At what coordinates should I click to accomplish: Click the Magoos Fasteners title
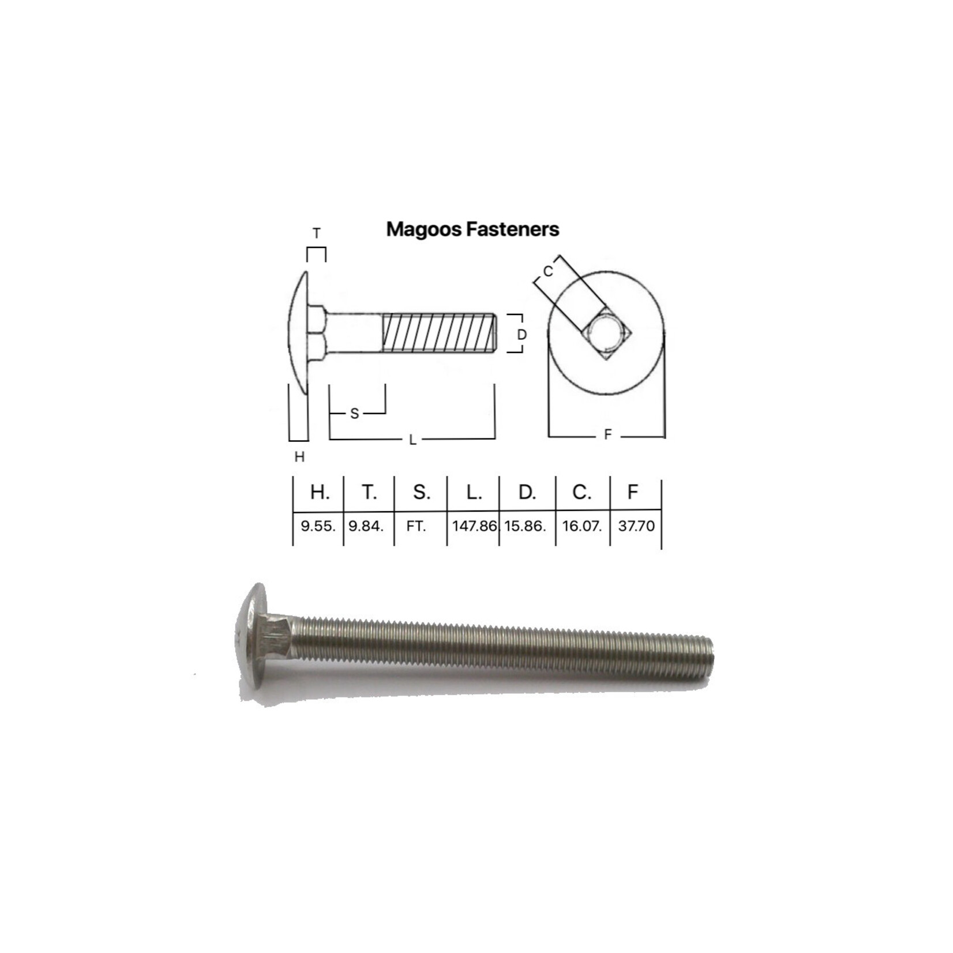pos(472,229)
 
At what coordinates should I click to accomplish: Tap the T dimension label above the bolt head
pos(316,234)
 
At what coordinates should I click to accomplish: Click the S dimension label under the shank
pos(354,413)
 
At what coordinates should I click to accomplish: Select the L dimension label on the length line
pos(412,440)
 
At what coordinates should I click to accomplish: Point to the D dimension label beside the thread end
pos(521,335)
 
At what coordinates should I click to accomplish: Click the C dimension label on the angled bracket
pos(548,271)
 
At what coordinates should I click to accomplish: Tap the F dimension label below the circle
pos(607,435)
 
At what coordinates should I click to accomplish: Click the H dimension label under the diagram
pos(299,457)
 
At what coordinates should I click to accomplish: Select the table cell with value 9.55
pos(318,526)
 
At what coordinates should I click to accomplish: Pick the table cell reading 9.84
pos(366,526)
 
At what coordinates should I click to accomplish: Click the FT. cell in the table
pos(416,526)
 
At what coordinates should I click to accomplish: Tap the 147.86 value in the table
pos(474,526)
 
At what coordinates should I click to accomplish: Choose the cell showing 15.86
pos(525,526)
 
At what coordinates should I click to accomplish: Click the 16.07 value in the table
pos(582,526)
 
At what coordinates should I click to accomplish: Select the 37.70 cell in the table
pos(636,526)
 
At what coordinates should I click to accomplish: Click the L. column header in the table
pos(474,492)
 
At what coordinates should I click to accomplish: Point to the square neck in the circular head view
pos(607,334)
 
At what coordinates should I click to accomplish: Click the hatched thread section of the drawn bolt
pos(438,333)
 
